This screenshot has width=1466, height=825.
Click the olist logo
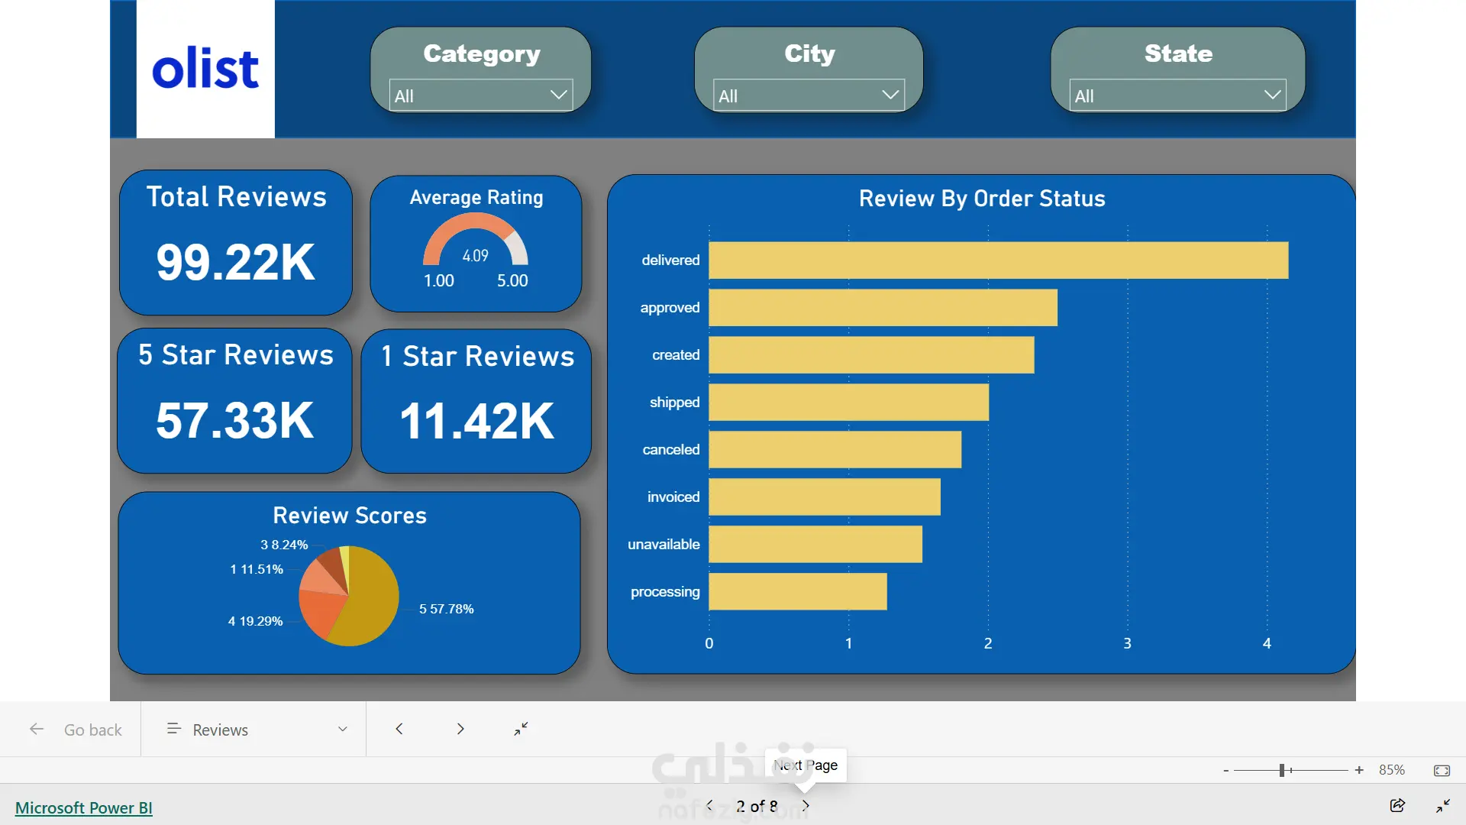[x=205, y=69]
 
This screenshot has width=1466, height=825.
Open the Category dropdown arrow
[x=559, y=95]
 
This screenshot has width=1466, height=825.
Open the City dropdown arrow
[x=890, y=95]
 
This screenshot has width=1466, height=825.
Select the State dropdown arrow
[x=1272, y=95]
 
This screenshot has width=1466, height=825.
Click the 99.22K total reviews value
[x=236, y=262]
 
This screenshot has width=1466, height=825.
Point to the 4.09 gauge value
[x=475, y=256]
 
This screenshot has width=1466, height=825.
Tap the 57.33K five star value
[x=235, y=420]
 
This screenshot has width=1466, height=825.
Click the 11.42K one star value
[x=477, y=421]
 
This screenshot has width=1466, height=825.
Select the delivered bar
[x=999, y=260]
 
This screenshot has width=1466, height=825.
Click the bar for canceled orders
[x=835, y=450]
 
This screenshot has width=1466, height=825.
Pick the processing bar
[x=798, y=592]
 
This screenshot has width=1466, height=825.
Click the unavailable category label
[x=664, y=545]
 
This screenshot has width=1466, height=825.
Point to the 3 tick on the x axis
[x=1127, y=643]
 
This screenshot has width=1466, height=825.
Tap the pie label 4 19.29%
[x=255, y=621]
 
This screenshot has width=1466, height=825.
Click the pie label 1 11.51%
[x=257, y=569]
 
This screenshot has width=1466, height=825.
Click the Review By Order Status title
[x=982, y=199]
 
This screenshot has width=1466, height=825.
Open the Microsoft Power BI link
[x=84, y=807]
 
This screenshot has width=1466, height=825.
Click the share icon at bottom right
[x=1397, y=805]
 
